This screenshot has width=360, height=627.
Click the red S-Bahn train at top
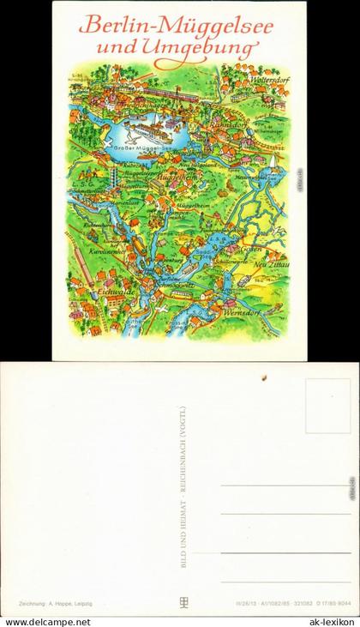(163, 87)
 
